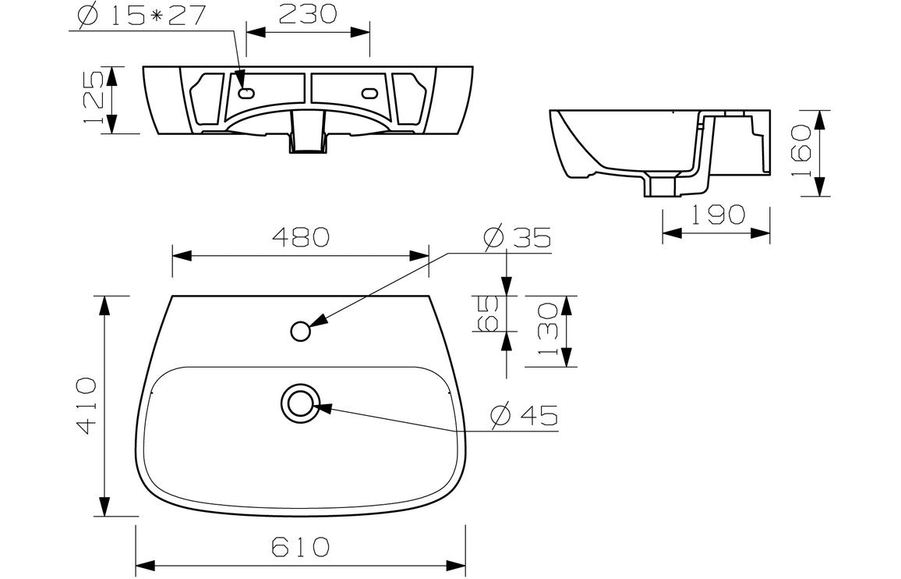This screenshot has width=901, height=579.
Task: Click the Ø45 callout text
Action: point(525,417)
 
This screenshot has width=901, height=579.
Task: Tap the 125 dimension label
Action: point(91,100)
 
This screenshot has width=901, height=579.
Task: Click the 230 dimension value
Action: point(307,13)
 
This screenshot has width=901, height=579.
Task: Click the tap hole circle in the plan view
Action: point(301,331)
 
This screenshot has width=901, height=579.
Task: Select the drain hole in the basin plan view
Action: point(300,403)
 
